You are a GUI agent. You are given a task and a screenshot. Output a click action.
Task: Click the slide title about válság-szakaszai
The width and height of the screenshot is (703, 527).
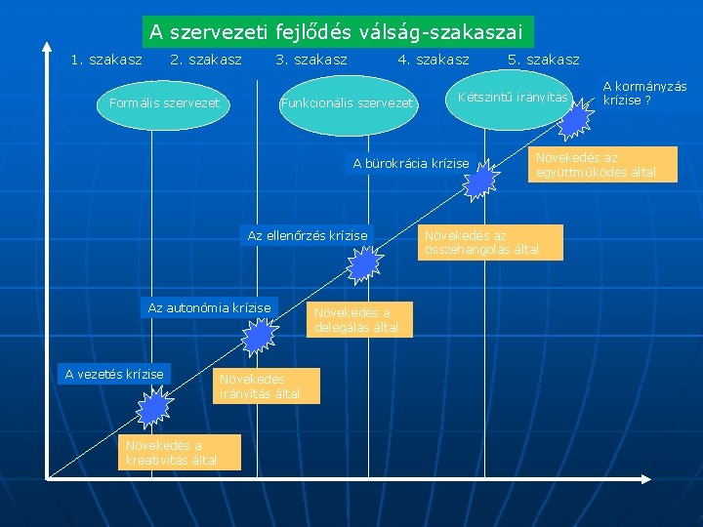[338, 31]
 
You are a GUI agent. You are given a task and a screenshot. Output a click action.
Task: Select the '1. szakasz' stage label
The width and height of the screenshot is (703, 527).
[106, 61]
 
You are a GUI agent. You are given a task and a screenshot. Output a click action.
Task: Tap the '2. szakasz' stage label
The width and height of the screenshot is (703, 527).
[206, 61]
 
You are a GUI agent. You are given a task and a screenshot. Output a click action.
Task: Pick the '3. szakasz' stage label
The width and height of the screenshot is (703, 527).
[311, 61]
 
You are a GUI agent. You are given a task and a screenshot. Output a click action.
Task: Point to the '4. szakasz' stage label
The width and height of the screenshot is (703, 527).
[433, 61]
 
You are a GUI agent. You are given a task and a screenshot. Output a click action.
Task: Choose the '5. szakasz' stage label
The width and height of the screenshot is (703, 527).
[544, 61]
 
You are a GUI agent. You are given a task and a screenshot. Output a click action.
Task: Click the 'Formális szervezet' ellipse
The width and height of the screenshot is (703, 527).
[164, 102]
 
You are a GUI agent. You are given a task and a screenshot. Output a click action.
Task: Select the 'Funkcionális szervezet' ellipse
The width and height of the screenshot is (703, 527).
[348, 102]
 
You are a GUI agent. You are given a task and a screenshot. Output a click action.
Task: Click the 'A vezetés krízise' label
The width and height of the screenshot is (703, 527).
[114, 373]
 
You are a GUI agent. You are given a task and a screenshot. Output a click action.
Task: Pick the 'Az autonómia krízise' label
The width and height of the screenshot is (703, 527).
[209, 307]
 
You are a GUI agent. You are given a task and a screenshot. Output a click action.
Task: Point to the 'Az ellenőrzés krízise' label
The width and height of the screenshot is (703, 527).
[308, 235]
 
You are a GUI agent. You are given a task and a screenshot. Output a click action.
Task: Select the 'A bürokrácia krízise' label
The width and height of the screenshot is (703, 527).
[410, 163]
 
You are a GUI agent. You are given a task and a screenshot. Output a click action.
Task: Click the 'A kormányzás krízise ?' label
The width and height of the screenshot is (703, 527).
[643, 93]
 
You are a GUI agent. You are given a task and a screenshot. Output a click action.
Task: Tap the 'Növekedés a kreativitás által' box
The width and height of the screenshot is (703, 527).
[170, 453]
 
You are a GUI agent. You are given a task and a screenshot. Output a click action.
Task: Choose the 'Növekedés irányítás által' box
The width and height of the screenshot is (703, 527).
[253, 386]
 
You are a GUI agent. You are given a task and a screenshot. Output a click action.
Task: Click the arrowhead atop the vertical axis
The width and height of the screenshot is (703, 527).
[48, 48]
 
